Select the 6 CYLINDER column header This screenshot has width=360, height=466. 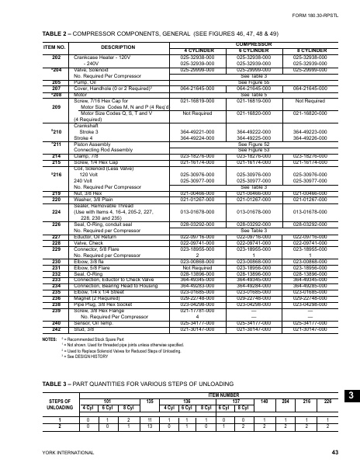pyautogui.click(x=255, y=51)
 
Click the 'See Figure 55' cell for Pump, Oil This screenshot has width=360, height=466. pyautogui.click(x=254, y=81)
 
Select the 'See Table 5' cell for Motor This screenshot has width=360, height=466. pyautogui.click(x=254, y=94)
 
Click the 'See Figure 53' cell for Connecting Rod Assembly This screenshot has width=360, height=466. pyautogui.click(x=254, y=150)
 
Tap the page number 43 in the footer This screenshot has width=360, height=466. pyautogui.click(x=334, y=451)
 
